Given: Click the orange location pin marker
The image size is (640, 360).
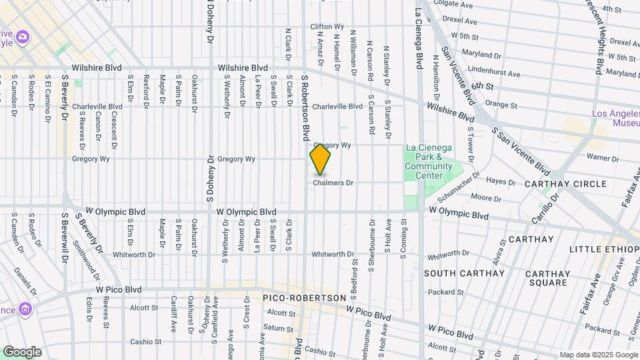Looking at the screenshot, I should click(320, 159).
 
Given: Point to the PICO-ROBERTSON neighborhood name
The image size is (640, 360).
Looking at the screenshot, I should click(305, 297).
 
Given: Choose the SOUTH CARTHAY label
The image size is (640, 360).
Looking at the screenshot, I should click(464, 273).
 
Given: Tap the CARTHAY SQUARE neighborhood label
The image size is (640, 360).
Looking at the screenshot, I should click(547, 278).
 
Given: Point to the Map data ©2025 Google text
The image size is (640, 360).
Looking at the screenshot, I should click(598, 355).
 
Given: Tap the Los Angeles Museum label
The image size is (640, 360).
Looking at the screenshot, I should click(615, 118).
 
